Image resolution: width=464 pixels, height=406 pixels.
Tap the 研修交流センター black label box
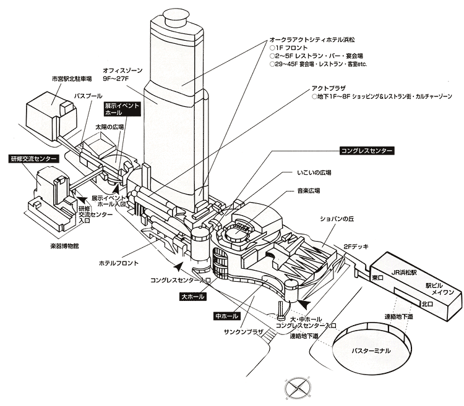tap(33, 159)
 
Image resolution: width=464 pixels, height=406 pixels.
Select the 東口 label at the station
tap(377, 279)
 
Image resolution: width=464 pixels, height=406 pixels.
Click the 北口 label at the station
tap(427, 304)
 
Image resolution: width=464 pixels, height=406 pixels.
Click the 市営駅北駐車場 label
tap(72, 79)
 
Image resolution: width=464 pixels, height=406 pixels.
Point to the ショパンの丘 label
tap(334, 218)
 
